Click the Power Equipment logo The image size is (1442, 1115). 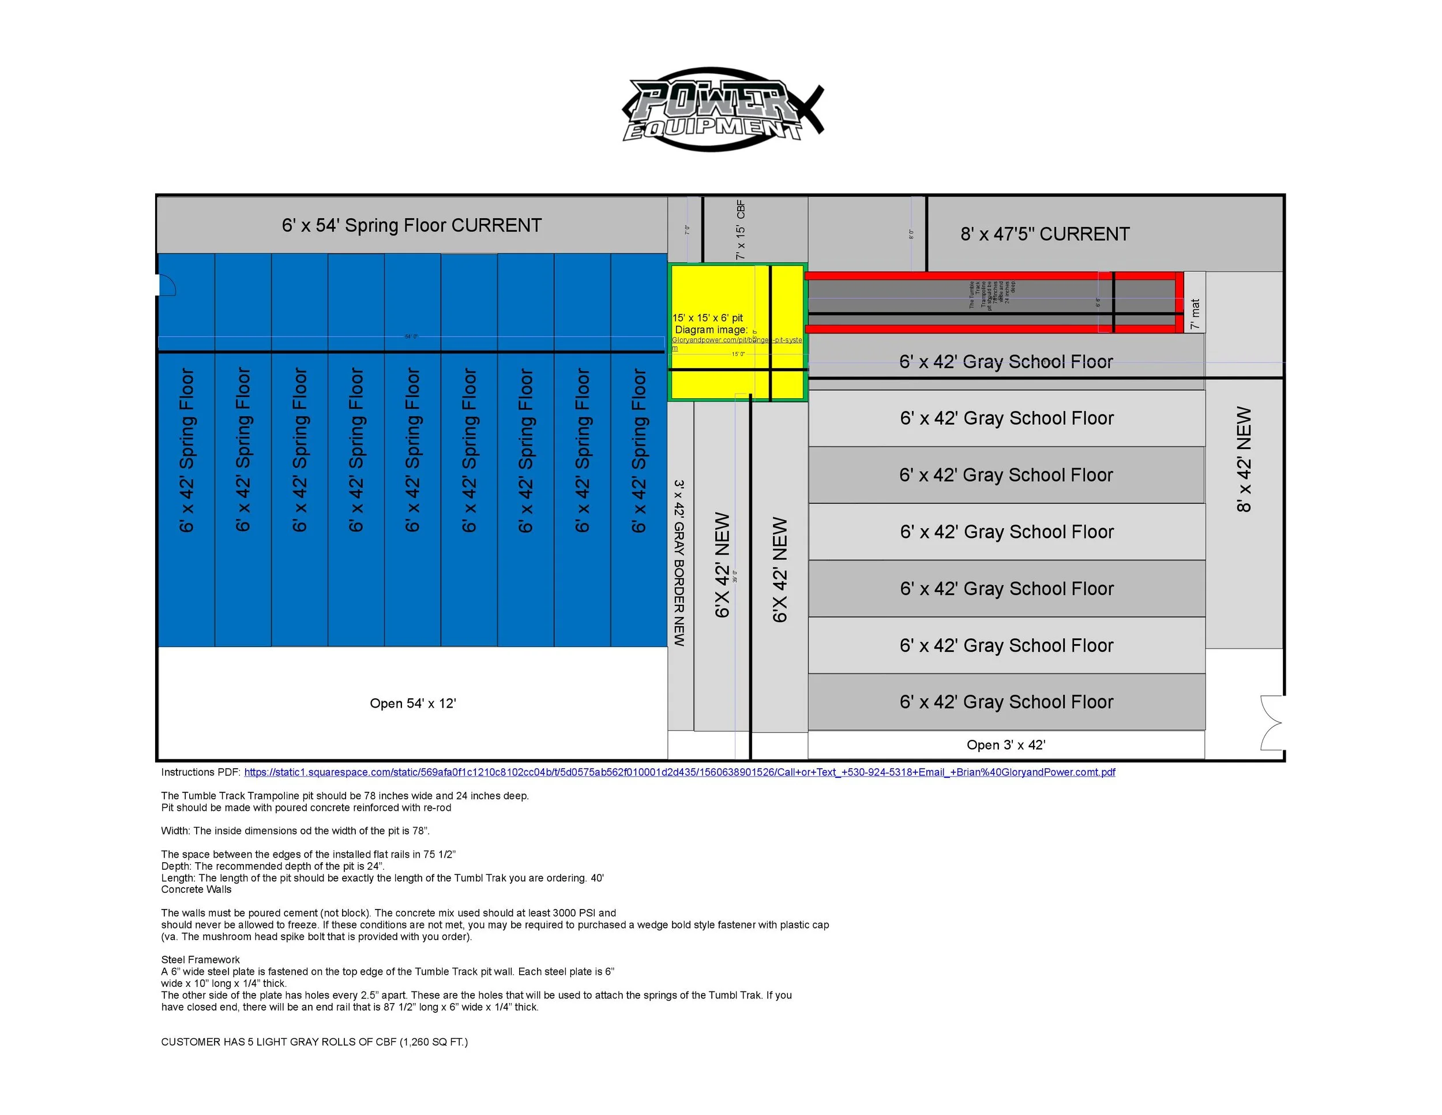pos(722,110)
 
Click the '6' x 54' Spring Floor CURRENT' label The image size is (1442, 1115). pos(411,225)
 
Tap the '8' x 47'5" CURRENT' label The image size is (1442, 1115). pos(1045,234)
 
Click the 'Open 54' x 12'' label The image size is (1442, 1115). pos(412,704)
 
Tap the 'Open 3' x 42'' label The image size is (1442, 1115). pos(1005,745)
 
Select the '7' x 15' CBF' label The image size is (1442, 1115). pos(740,230)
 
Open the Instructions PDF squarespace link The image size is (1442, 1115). pos(679,772)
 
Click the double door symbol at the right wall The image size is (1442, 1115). pos(1271,723)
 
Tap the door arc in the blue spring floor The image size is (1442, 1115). pos(167,285)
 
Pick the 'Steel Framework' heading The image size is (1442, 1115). pos(200,960)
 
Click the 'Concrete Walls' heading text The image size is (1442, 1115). pos(196,890)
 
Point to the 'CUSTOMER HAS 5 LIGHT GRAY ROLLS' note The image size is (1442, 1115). pos(314,1042)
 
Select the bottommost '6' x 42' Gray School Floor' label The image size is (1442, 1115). pos(1007,702)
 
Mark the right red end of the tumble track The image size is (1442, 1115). pos(1178,301)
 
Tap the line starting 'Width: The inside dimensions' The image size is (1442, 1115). pos(295,831)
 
